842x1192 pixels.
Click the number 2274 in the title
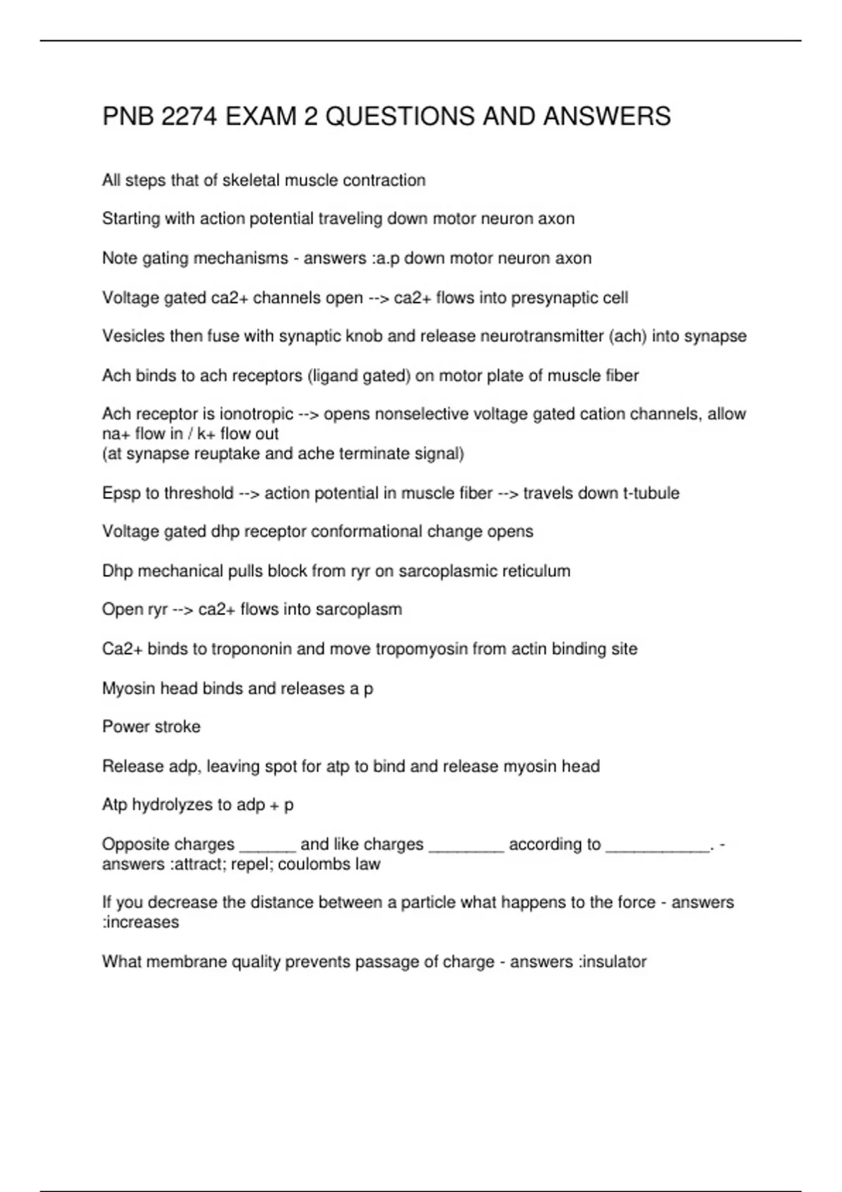(188, 116)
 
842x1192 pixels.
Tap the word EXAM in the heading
(261, 116)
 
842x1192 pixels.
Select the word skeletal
(251, 181)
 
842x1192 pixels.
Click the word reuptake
(228, 454)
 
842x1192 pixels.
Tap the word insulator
(613, 962)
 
